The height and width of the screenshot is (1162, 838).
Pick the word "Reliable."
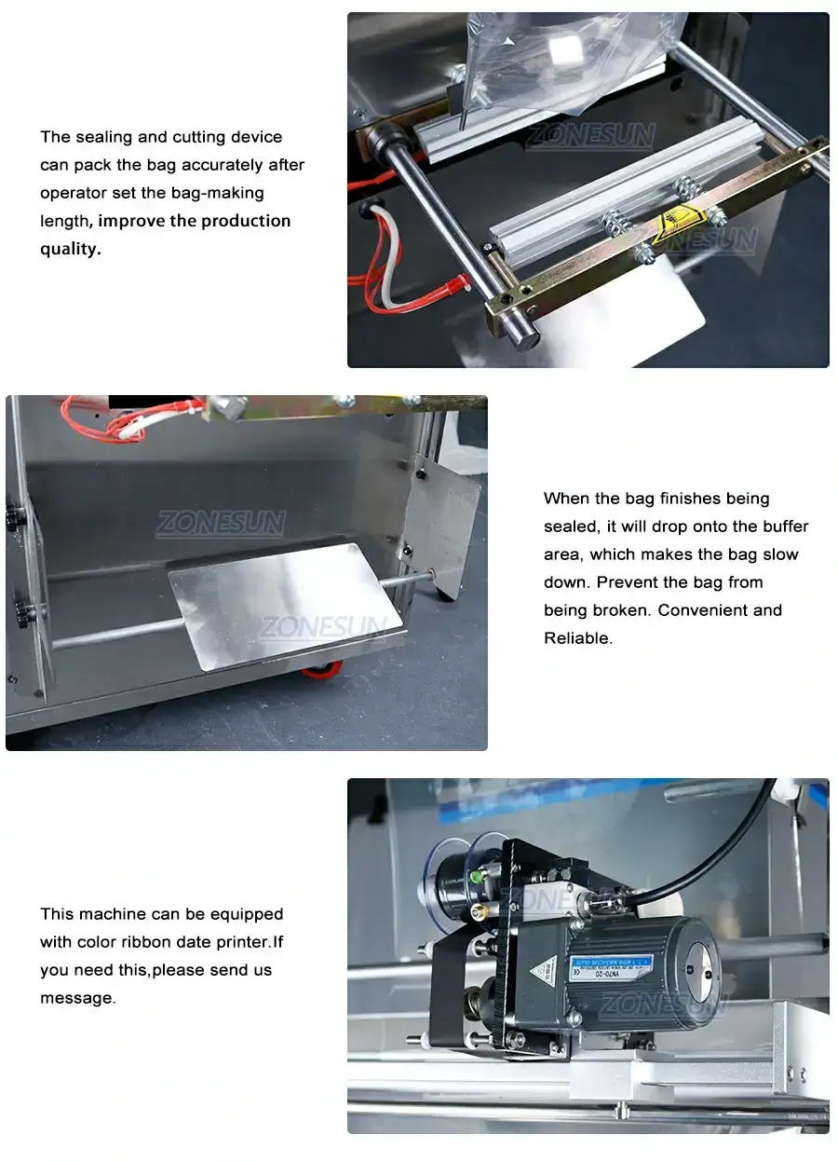(578, 638)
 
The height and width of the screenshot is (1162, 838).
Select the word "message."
(78, 998)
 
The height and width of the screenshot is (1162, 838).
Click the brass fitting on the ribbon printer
(477, 909)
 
